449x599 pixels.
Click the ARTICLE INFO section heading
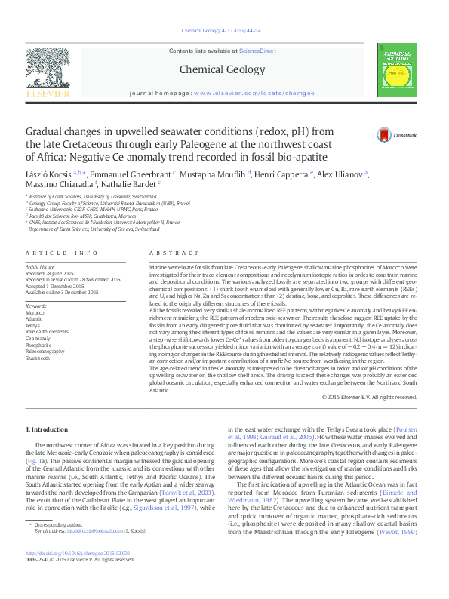tap(61, 253)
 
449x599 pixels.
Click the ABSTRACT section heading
tap(168, 253)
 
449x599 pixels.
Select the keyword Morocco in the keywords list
tap(35, 312)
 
